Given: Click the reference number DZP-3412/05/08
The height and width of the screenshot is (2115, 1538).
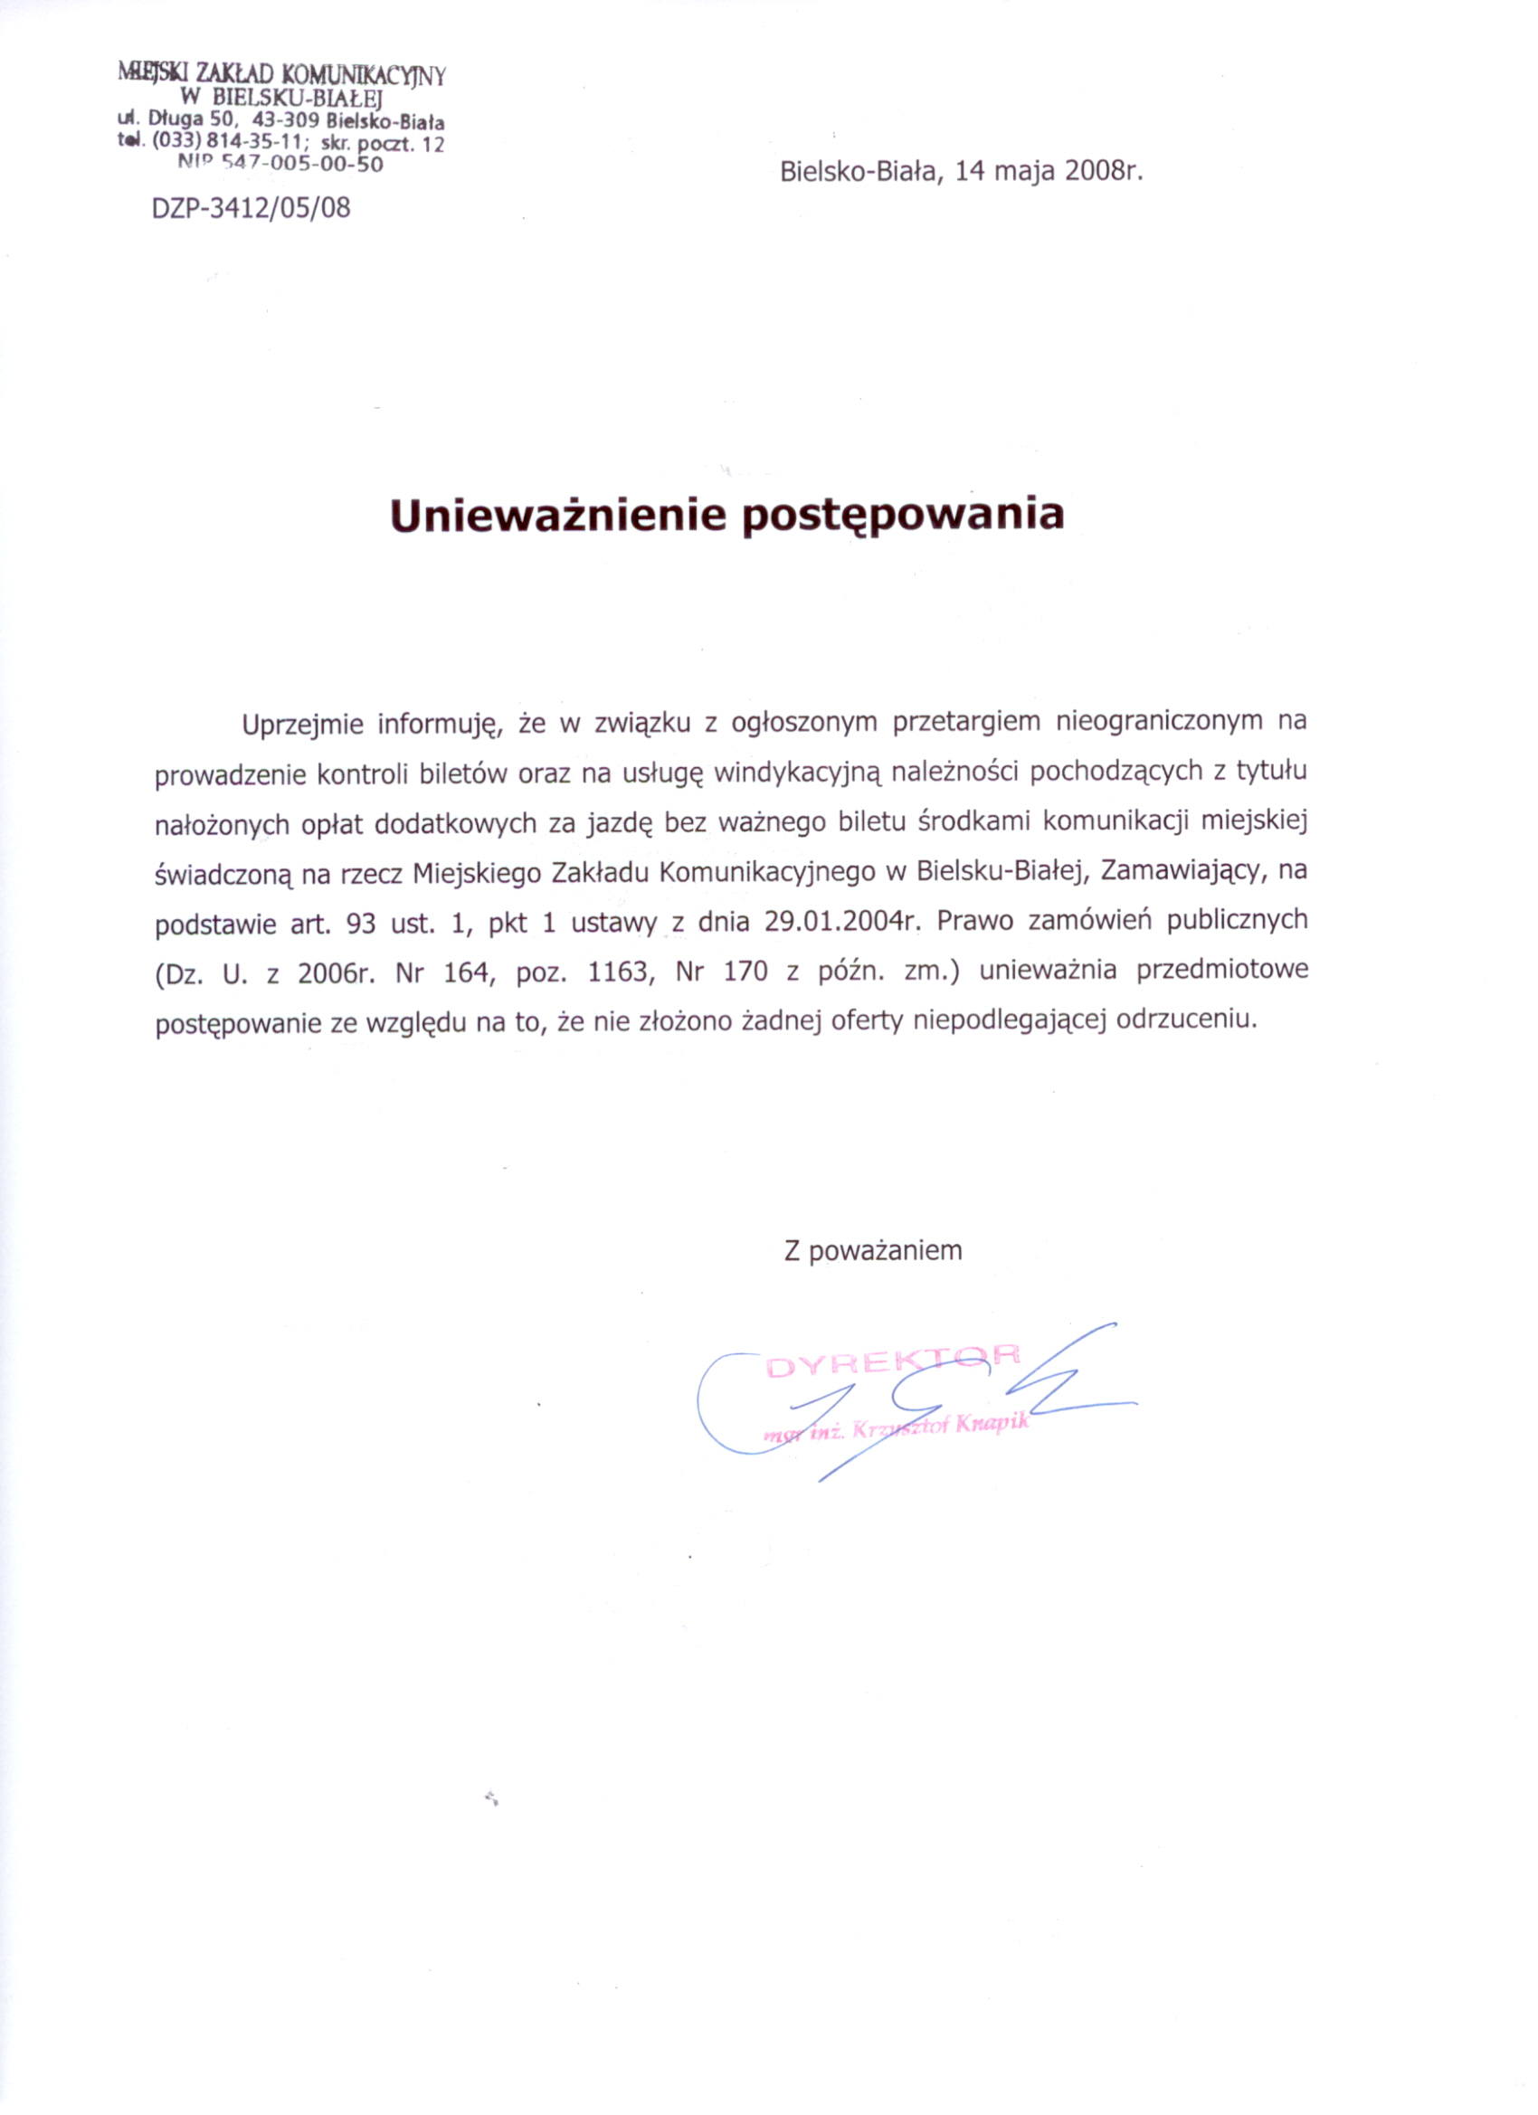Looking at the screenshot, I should pyautogui.click(x=251, y=208).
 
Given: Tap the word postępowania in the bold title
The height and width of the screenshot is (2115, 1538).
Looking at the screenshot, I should pyautogui.click(x=903, y=515).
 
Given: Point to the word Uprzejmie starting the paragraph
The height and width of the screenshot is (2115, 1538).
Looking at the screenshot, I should pyautogui.click(x=303, y=725).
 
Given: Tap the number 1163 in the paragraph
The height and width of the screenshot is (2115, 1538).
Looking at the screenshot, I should pyautogui.click(x=617, y=972).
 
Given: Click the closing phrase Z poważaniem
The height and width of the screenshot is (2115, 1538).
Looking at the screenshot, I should pyautogui.click(x=873, y=1251).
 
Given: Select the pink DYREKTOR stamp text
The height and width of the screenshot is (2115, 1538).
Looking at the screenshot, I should pyautogui.click(x=893, y=1363).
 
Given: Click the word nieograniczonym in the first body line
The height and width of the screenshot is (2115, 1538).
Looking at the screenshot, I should pyautogui.click(x=1154, y=722).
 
